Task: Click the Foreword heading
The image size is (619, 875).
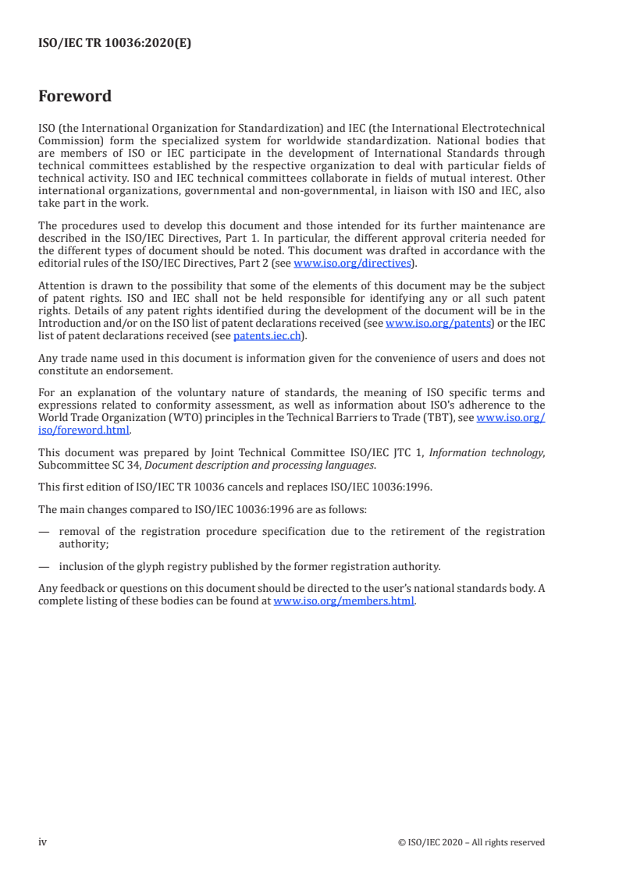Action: tap(75, 97)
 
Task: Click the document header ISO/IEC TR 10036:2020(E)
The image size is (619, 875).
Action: tap(114, 44)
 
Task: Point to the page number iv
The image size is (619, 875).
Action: tap(43, 841)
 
